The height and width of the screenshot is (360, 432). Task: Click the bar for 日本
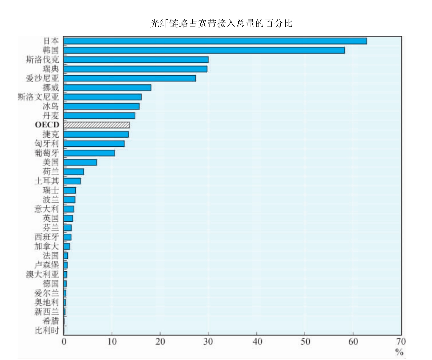coord(215,41)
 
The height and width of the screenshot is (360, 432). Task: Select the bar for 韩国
coord(204,50)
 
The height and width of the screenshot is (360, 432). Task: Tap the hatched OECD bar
coord(97,125)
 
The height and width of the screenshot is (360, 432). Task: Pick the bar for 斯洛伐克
coord(136,60)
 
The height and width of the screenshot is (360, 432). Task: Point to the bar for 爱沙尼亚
coord(130,78)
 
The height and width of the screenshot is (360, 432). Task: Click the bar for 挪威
coord(107,87)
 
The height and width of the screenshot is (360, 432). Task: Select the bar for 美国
coord(80,162)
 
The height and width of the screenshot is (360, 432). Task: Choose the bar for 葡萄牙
coord(89,153)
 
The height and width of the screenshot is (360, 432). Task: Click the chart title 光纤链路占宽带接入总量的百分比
coord(221,24)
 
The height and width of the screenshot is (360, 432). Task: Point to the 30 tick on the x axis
coord(208,342)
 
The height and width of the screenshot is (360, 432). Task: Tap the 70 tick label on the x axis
coord(401,342)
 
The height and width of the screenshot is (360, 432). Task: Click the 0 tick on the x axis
coord(64,342)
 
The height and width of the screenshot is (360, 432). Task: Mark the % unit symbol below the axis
coord(399,352)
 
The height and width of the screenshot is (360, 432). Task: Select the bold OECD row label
coord(47,125)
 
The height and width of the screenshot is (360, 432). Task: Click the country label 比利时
coord(47,330)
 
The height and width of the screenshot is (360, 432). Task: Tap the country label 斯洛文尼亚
coord(38,97)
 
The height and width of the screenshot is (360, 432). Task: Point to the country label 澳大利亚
coord(42,274)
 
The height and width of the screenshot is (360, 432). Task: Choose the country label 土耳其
coord(47,181)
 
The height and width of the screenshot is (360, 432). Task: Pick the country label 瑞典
coord(51,69)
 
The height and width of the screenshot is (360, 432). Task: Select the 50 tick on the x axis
coord(305,342)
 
